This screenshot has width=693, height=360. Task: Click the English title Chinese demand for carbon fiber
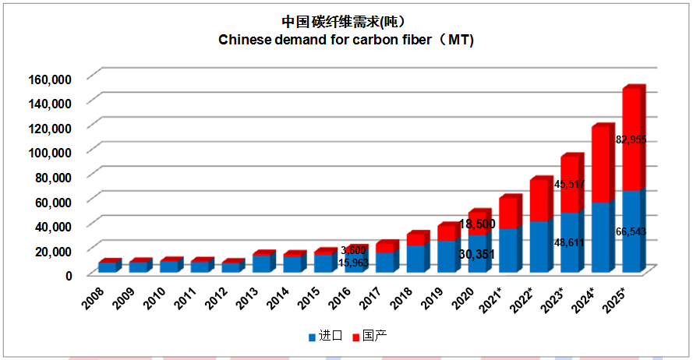(x=345, y=40)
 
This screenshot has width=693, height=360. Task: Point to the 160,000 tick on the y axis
(x=51, y=79)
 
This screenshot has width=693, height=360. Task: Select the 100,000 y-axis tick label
(x=51, y=152)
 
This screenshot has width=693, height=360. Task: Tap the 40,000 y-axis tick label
(x=54, y=226)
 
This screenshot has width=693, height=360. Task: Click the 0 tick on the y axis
(x=68, y=275)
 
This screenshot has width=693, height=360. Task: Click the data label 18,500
(x=476, y=224)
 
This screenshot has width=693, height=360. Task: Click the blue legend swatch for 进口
(x=312, y=337)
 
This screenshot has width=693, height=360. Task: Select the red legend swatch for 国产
(x=357, y=337)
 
